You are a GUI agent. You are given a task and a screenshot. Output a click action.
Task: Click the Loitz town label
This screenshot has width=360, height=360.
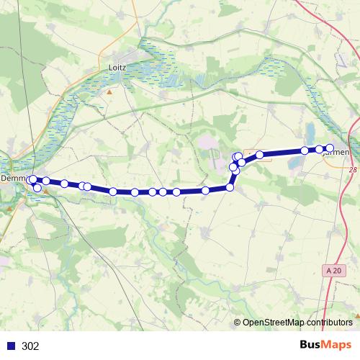116,67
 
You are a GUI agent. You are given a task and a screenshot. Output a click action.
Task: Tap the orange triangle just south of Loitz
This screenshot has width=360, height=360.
109,92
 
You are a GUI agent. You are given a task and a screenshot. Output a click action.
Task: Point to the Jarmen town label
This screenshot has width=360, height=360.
340,153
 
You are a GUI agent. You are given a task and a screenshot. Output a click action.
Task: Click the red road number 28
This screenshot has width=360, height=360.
352,170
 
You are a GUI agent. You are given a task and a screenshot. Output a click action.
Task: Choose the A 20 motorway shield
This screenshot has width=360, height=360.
330,269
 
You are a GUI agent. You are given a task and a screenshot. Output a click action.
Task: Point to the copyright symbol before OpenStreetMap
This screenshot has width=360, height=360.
237,323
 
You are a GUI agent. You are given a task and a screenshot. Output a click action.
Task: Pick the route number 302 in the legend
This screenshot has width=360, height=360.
30,346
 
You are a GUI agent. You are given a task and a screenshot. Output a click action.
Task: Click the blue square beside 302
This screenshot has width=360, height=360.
11,346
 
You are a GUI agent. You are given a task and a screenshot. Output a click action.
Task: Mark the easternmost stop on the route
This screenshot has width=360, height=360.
330,148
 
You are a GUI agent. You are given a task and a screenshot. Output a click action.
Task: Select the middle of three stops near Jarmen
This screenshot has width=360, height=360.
320,149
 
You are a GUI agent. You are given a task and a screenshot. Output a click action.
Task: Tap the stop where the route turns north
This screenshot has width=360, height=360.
230,187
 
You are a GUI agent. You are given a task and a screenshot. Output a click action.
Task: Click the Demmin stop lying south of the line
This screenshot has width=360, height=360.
37,188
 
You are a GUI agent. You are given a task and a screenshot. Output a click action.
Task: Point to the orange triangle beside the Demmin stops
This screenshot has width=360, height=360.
45,192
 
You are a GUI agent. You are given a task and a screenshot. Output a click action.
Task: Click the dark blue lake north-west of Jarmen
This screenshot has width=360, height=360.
309,132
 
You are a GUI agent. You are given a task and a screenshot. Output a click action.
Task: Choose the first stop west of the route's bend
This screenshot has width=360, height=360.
206,190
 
